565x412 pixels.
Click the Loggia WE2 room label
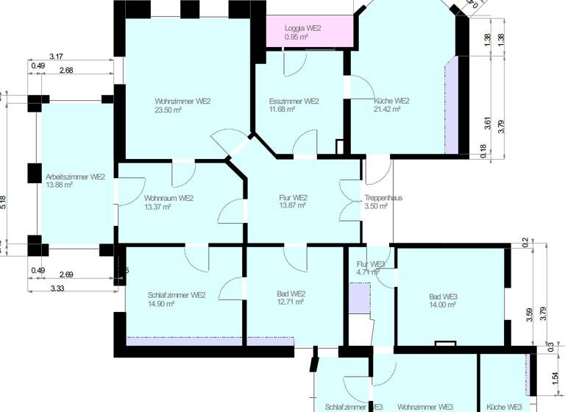pyautogui.click(x=303, y=27)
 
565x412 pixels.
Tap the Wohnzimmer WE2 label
pyautogui.click(x=182, y=101)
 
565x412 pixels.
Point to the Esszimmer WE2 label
pyautogui.click(x=294, y=101)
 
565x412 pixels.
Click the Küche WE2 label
pyautogui.click(x=391, y=101)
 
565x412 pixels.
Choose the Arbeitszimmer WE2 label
pyautogui.click(x=75, y=177)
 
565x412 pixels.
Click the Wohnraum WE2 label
pyautogui.click(x=168, y=198)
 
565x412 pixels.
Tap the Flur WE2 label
pyautogui.click(x=293, y=198)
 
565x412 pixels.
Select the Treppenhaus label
pyautogui.click(x=383, y=198)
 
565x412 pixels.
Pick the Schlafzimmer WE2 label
pyautogui.click(x=166, y=295)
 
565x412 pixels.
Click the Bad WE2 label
pyautogui.click(x=291, y=293)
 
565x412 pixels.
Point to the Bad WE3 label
pyautogui.click(x=443, y=296)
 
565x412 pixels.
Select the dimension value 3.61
pyautogui.click(x=487, y=124)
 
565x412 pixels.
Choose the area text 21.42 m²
pyautogui.click(x=386, y=110)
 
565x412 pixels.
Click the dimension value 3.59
pyautogui.click(x=529, y=316)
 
